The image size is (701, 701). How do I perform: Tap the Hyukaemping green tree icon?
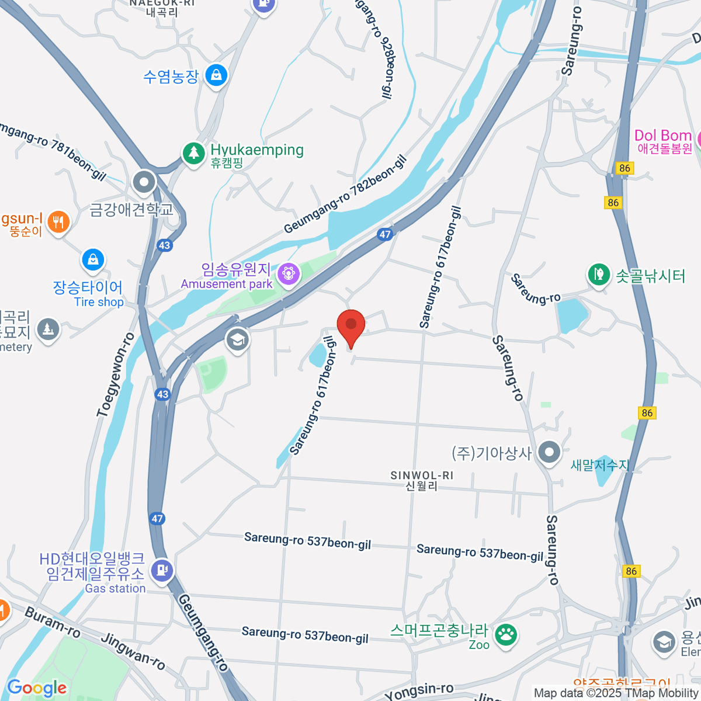pos(193,153)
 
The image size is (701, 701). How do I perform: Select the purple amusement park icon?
pos(288,273)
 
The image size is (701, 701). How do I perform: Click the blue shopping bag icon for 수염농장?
pos(216,75)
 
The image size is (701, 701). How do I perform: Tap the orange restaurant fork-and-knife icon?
pos(58,222)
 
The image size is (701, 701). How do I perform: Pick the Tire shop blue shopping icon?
pos(93,261)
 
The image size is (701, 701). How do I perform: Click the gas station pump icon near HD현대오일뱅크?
pos(162,569)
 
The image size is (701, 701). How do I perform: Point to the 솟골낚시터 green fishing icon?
pos(598,273)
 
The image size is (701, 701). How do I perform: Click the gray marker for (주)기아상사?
pos(549,452)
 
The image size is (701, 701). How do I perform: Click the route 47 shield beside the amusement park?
pos(384,234)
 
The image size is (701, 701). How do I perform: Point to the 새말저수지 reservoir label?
pos(599,465)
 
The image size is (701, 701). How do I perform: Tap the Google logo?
pos(37,688)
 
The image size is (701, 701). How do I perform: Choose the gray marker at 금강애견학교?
pos(144,182)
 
